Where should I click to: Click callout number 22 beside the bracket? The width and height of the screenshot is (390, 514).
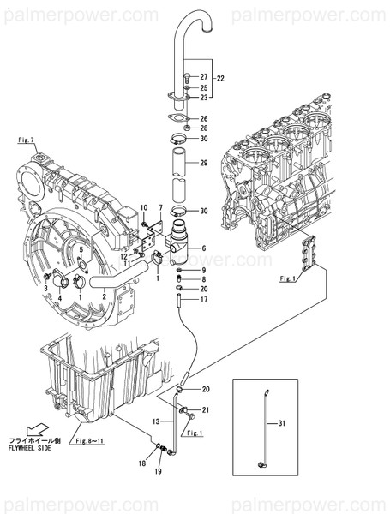221,79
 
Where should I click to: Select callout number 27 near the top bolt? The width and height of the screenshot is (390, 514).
204,77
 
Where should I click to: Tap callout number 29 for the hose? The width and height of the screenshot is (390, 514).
204,163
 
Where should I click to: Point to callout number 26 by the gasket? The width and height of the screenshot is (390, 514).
204,118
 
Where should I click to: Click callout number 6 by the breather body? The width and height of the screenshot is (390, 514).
204,248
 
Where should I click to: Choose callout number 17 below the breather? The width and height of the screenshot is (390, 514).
204,300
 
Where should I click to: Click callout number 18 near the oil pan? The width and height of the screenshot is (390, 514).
142,463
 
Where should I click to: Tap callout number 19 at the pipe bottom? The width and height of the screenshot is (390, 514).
159,472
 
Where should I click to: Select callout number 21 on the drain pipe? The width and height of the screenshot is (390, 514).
206,409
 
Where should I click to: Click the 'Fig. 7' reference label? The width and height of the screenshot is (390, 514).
26,139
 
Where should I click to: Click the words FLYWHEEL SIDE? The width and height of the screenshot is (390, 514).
31,447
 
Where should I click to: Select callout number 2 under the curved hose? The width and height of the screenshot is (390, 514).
105,296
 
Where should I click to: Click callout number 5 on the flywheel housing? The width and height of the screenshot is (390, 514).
81,250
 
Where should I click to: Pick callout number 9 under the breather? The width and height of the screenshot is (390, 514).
204,270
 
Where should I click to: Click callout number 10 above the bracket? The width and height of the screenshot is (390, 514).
144,208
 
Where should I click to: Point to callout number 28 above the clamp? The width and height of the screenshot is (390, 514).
204,128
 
